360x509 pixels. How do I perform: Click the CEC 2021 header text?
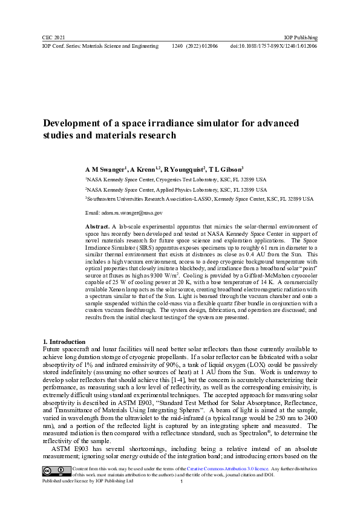coord(53,37)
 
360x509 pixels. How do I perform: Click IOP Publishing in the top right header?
coord(301,37)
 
